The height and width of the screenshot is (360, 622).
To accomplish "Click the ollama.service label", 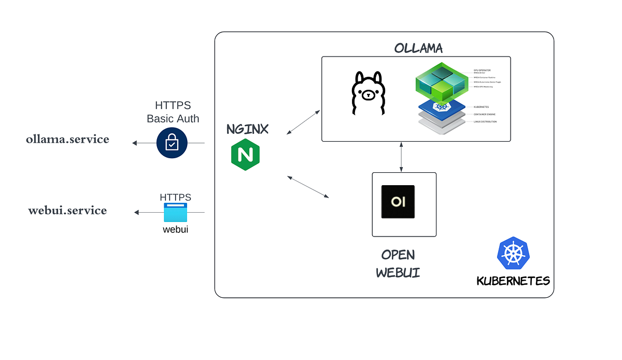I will coord(67,139).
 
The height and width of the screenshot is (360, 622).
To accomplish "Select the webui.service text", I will coord(67,211).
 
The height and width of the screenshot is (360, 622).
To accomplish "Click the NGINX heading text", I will coord(247,129).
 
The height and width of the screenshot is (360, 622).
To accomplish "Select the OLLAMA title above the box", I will coord(418,48).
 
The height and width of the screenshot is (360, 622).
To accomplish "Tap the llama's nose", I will coord(369,96).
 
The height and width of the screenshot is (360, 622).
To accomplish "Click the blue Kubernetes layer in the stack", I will coord(442,106).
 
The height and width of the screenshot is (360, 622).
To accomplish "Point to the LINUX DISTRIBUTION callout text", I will coord(485,122).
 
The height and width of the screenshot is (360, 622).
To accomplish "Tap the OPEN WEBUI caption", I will coord(398,264).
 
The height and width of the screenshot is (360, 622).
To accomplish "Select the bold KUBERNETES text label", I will coord(513,281).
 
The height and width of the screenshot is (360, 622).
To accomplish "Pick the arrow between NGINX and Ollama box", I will coord(304,122).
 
